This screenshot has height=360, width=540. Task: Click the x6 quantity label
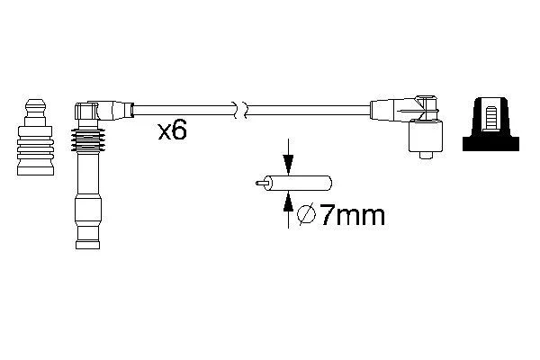[172, 131]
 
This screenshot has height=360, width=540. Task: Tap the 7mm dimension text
[352, 216]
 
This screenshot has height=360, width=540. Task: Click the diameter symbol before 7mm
[307, 215]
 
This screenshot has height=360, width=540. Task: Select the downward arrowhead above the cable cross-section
[288, 165]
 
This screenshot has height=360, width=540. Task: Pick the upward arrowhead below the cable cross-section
[288, 202]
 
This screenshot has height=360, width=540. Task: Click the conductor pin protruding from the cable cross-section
[262, 183]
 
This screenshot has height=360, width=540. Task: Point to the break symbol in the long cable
[240, 110]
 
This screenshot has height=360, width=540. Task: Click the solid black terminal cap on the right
[490, 124]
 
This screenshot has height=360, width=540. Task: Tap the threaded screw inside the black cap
[490, 119]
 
